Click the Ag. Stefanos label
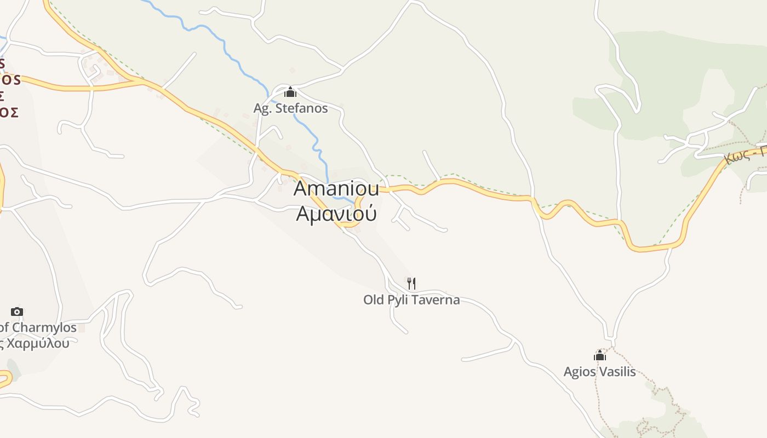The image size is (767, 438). point(290,108)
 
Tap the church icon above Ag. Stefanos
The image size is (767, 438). point(290,92)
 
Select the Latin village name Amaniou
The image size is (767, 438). point(336,188)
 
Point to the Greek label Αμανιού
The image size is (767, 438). point(336,213)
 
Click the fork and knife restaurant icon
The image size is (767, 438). point(411,283)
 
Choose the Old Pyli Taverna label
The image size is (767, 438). point(411,300)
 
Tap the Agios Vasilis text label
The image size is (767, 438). point(599,372)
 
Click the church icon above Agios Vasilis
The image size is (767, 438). point(600,356)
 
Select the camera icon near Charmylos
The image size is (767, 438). point(17,312)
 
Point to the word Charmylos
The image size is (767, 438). point(44,327)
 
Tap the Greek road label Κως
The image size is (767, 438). point(736,157)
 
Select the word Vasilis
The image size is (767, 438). point(617,372)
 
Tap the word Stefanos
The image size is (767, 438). point(302,108)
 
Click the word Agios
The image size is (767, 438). point(580,372)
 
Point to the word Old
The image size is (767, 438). point(374,300)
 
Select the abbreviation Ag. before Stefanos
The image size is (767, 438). point(262,108)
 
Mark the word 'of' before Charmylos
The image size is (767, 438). point(4,327)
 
